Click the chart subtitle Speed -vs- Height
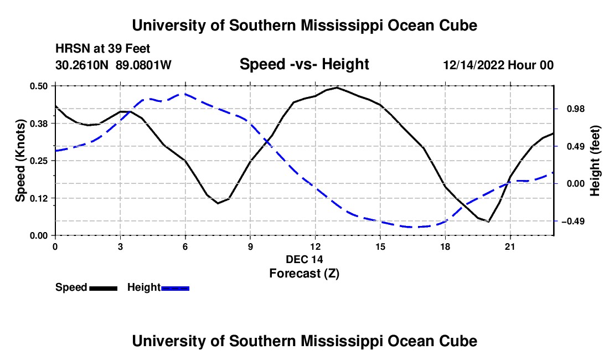(304, 64)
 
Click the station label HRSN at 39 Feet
(102, 49)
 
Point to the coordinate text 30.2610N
(81, 65)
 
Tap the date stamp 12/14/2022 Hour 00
(498, 65)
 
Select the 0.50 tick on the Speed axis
(39, 86)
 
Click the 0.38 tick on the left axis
(39, 124)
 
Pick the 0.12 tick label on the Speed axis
(39, 198)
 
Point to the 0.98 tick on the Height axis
(576, 109)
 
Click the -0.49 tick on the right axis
(573, 222)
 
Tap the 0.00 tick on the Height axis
(576, 184)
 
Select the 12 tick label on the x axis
(316, 246)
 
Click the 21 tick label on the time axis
(510, 246)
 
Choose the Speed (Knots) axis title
(20, 161)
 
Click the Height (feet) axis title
(595, 161)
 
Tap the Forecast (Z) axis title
(304, 274)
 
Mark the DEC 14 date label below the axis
(304, 259)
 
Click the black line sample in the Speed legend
(104, 288)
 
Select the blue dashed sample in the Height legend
(175, 288)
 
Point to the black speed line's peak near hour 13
(337, 88)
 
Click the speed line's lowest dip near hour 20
(488, 222)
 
